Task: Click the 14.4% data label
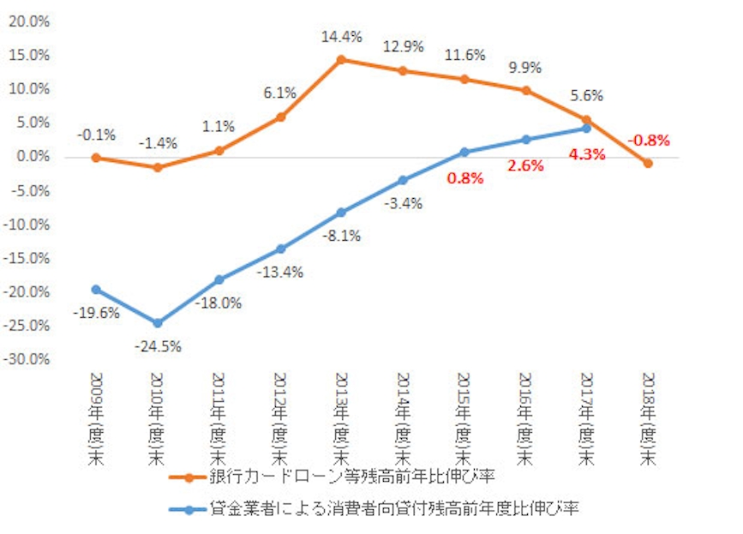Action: [x=342, y=38]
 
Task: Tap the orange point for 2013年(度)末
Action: [x=341, y=60]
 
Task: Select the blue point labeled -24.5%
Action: [x=157, y=323]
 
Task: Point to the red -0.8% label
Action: [x=648, y=140]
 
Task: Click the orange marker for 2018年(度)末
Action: [x=648, y=163]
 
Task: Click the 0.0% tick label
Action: [x=31, y=157]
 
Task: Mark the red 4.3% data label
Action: [x=587, y=155]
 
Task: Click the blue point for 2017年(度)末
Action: [x=587, y=129]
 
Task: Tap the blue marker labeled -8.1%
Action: [x=341, y=212]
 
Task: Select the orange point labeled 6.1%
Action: [x=280, y=117]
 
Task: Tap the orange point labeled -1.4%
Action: [x=157, y=167]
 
